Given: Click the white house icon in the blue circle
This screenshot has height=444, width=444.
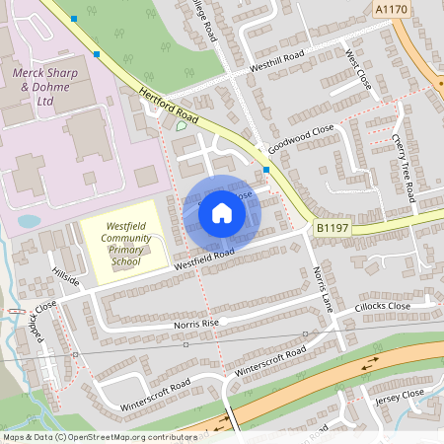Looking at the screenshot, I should tap(222, 212).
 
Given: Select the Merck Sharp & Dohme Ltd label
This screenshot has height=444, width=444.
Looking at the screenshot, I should tap(46, 87).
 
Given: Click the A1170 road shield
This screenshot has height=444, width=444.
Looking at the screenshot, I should tap(393, 8).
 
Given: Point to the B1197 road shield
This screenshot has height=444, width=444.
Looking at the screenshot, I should tap(333, 228).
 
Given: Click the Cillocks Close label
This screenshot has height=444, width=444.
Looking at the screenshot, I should tap(384, 306).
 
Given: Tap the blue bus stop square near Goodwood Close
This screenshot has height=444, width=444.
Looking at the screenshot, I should tap(266, 170).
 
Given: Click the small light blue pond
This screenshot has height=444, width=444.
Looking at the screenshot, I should tap(30, 221).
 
